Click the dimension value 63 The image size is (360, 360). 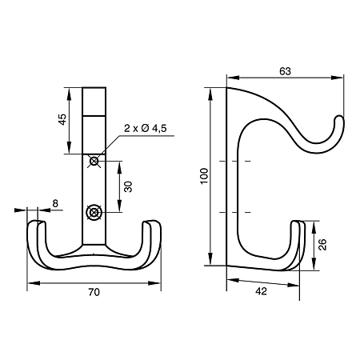tap(285, 71)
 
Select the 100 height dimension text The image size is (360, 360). tap(204, 176)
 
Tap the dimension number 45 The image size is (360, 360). tap(62, 119)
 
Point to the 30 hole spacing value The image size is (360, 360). tap(128, 186)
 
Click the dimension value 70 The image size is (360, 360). tap(94, 292)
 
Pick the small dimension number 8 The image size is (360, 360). tap(55, 203)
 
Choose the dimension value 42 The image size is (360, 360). tap(261, 291)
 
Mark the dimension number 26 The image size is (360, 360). tap(322, 245)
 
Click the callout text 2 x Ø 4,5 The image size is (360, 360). tap(146, 128)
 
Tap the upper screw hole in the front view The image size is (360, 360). tap(94, 161)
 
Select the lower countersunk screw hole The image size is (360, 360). tap(94, 212)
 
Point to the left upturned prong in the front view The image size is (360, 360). tap(38, 234)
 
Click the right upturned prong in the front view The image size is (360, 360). tap(152, 234)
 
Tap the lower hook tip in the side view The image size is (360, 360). tap(298, 223)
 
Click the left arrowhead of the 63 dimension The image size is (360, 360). tap(232, 78)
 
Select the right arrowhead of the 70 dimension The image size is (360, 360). tap(155, 283)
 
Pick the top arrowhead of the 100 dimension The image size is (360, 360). tap(210, 94)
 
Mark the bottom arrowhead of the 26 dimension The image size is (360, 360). tap(314, 265)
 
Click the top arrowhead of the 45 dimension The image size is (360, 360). tap(69, 94)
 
